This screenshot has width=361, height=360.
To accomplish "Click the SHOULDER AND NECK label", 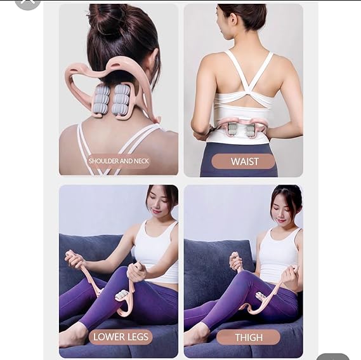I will (119, 161).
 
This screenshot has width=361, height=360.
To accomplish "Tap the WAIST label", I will (244, 161).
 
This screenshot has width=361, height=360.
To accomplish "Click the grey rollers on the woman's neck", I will (112, 99).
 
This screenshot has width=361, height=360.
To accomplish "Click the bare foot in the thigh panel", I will (198, 335).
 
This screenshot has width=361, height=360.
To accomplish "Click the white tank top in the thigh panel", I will (277, 254).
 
